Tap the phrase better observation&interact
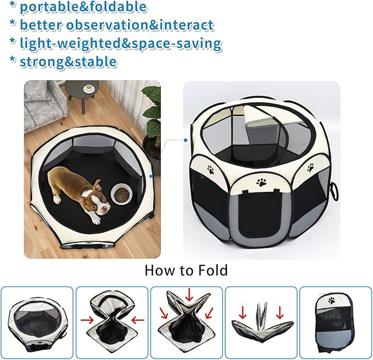click(116, 25)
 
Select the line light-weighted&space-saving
click(120, 43)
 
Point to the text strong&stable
click(68, 61)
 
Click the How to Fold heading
click(186, 270)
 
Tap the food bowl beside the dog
click(121, 193)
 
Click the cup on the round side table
click(88, 88)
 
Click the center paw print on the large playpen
click(261, 180)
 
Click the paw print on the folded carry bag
click(332, 300)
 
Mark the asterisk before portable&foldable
click(12, 7)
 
